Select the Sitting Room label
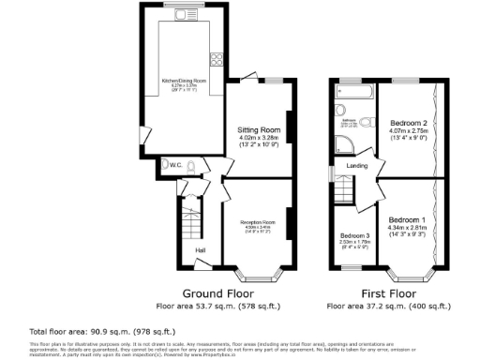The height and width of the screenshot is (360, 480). coord(259,129)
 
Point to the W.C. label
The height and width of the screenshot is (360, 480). coord(174,165)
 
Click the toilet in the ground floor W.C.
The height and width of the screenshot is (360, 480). coord(190,166)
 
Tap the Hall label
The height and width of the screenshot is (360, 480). coord(200,250)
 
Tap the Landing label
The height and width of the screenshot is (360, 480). coord(357,167)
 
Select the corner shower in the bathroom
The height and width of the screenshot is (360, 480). coord(344,144)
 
